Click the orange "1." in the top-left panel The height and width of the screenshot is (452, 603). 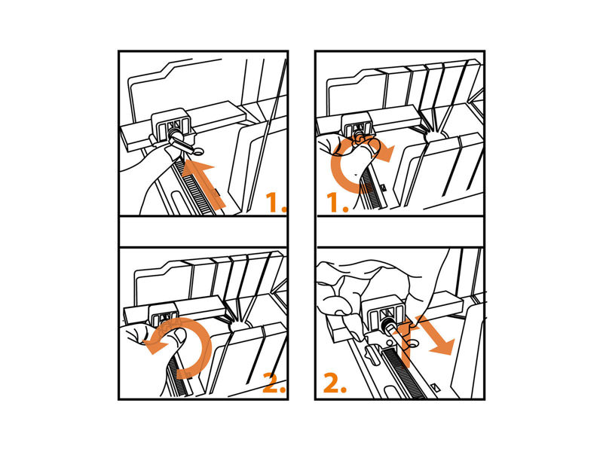point(276,202)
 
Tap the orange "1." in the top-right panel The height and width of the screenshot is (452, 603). point(338,203)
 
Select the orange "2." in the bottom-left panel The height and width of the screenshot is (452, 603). point(274,383)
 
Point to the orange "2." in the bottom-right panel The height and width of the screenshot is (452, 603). point(335,383)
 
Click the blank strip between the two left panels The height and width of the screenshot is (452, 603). point(203,231)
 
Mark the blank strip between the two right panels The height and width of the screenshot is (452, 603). point(400,231)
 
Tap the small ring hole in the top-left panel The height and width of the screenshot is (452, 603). point(198,152)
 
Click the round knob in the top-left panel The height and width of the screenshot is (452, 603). point(176,135)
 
